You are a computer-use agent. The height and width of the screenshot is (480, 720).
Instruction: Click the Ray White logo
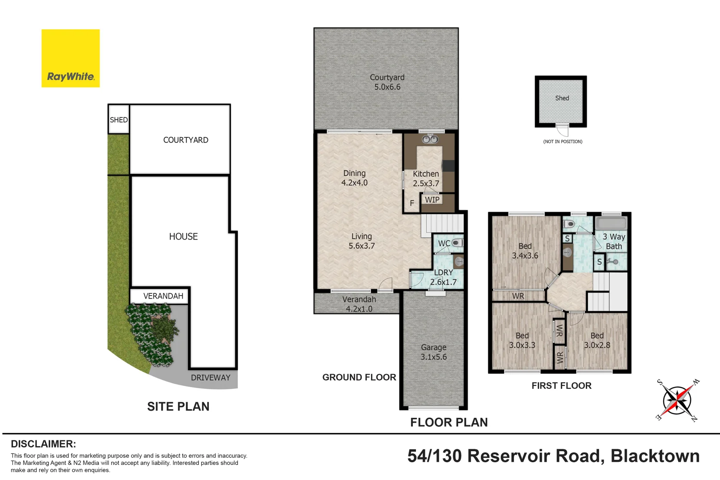click(71, 59)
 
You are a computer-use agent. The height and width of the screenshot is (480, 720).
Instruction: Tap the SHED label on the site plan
click(119, 120)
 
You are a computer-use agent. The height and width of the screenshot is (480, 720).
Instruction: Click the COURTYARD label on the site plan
click(185, 140)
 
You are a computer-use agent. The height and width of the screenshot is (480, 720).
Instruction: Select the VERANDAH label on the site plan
click(163, 296)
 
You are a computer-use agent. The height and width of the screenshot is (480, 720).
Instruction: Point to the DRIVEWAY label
click(211, 378)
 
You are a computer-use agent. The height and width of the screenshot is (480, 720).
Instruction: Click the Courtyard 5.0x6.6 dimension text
click(387, 87)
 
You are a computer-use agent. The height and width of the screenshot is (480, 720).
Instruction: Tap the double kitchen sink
click(430, 140)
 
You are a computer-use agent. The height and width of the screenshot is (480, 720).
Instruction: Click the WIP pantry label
click(432, 200)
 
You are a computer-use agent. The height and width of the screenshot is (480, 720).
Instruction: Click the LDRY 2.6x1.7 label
click(443, 277)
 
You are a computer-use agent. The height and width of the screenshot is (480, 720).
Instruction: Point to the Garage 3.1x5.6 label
click(434, 352)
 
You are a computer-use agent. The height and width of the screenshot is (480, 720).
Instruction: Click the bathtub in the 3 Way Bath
click(611, 223)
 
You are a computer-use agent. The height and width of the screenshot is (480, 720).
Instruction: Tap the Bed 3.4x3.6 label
click(525, 251)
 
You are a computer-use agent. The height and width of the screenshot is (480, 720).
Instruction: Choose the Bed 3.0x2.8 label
click(597, 340)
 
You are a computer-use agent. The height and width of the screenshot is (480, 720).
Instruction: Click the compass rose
click(676, 400)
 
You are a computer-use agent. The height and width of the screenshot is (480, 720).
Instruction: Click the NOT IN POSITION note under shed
click(563, 142)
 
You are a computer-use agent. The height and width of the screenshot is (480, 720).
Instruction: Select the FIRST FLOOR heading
click(561, 386)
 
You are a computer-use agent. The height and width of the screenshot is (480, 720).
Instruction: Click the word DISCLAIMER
click(43, 444)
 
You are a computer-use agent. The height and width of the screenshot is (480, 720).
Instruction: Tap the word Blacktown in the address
click(655, 456)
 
